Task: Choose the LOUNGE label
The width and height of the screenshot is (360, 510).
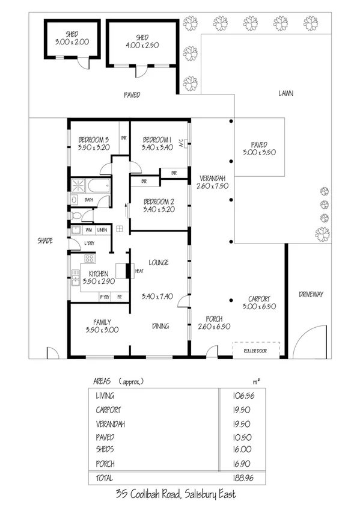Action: click(158, 263)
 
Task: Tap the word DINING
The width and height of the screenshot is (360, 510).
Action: click(160, 326)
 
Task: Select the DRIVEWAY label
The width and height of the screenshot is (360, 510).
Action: click(311, 295)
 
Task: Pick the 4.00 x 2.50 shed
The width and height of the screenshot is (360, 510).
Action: click(142, 41)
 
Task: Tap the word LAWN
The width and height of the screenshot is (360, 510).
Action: click(285, 94)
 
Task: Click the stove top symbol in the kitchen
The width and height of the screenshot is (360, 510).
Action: click(90, 259)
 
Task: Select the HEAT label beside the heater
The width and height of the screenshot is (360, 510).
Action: click(138, 271)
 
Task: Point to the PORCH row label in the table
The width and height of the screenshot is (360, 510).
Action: click(105, 464)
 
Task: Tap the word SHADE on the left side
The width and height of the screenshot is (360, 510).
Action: click(45, 241)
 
